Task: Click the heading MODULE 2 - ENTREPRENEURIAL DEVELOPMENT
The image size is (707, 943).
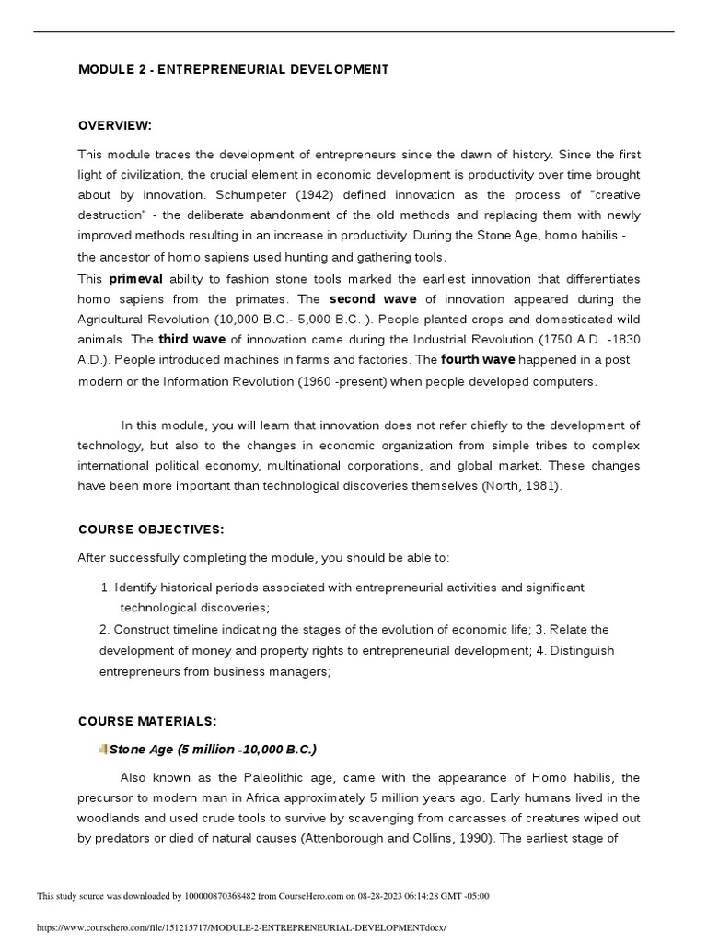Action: click(233, 70)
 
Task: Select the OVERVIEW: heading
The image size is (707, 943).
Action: click(114, 125)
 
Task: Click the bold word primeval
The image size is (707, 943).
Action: click(136, 278)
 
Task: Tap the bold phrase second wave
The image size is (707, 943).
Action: click(372, 299)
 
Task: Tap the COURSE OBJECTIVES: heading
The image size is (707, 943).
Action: click(151, 530)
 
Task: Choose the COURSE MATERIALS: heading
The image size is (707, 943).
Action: click(147, 720)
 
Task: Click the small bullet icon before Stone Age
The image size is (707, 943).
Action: click(102, 749)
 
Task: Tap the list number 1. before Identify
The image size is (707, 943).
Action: click(104, 588)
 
